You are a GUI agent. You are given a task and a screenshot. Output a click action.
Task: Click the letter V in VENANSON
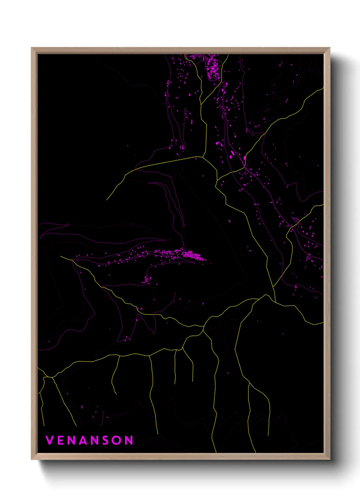click(50, 440)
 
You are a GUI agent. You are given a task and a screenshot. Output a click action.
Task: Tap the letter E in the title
click(62, 440)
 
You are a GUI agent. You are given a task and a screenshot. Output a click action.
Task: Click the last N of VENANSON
click(129, 440)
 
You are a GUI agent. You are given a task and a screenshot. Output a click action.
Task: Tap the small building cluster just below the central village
click(147, 280)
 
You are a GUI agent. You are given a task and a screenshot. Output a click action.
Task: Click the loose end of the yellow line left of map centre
click(107, 200)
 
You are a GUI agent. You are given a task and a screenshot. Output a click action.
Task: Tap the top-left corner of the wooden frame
click(32, 48)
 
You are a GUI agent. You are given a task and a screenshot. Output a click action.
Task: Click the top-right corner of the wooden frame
click(329, 48)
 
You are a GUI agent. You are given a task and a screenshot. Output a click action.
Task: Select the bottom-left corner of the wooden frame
click(32, 459)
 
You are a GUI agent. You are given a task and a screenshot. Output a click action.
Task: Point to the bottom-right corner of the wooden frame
click(329, 459)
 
